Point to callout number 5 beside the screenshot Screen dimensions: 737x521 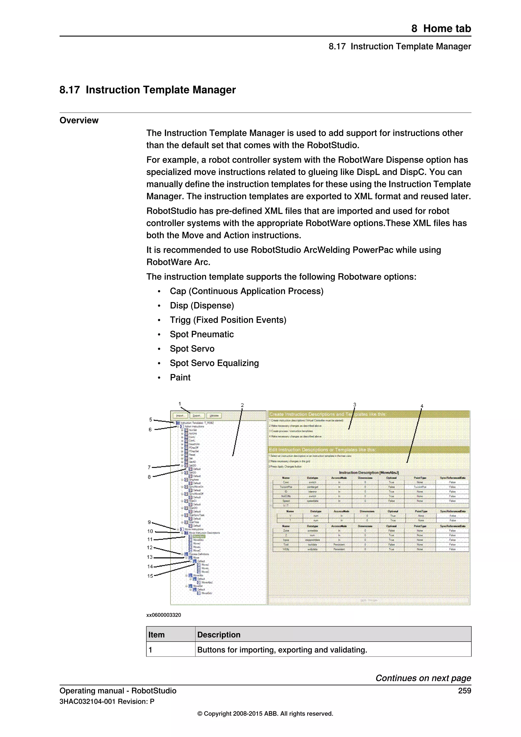(150, 420)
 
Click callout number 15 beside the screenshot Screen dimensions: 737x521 (150, 576)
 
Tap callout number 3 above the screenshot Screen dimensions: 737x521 (354, 405)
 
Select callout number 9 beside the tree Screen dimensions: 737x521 (149, 522)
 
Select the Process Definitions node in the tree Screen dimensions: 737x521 (199, 554)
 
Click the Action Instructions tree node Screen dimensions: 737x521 (194, 427)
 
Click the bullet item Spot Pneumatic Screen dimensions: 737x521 (201, 334)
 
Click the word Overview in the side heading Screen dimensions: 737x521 (79, 120)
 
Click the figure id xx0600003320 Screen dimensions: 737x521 (164, 615)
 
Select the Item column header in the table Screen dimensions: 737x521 (156, 635)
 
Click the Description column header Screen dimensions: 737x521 (219, 635)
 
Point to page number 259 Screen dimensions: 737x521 (464, 691)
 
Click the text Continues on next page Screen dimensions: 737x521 (423, 678)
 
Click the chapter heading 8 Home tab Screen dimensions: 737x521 (441, 29)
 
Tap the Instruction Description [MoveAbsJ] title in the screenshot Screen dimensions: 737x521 (369, 473)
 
